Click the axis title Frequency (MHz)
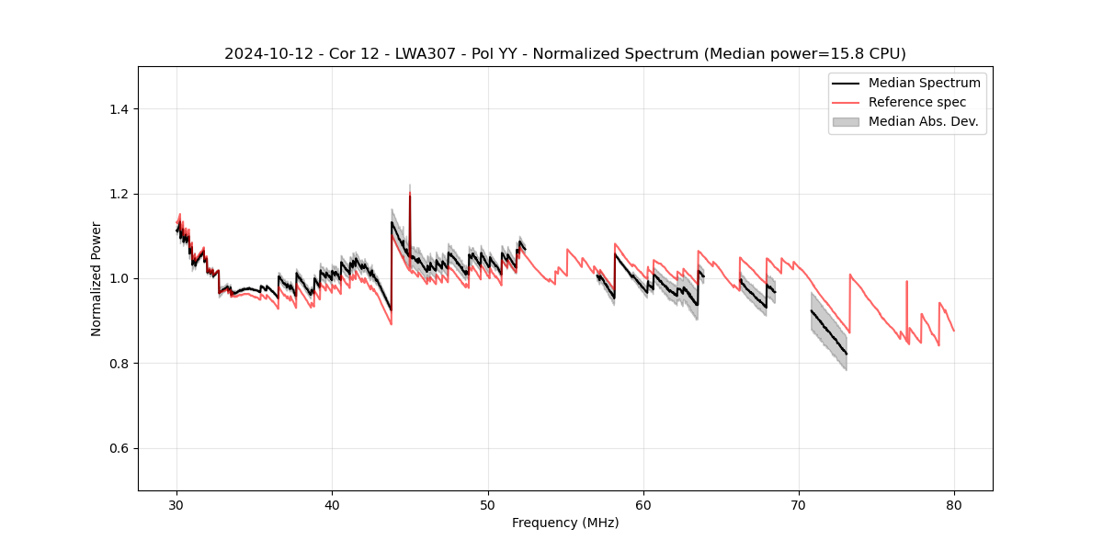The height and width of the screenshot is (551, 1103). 565,523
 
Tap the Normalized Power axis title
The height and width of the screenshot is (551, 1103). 97,278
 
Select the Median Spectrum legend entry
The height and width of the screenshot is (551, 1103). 924,83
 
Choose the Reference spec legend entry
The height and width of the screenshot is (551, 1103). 916,102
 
